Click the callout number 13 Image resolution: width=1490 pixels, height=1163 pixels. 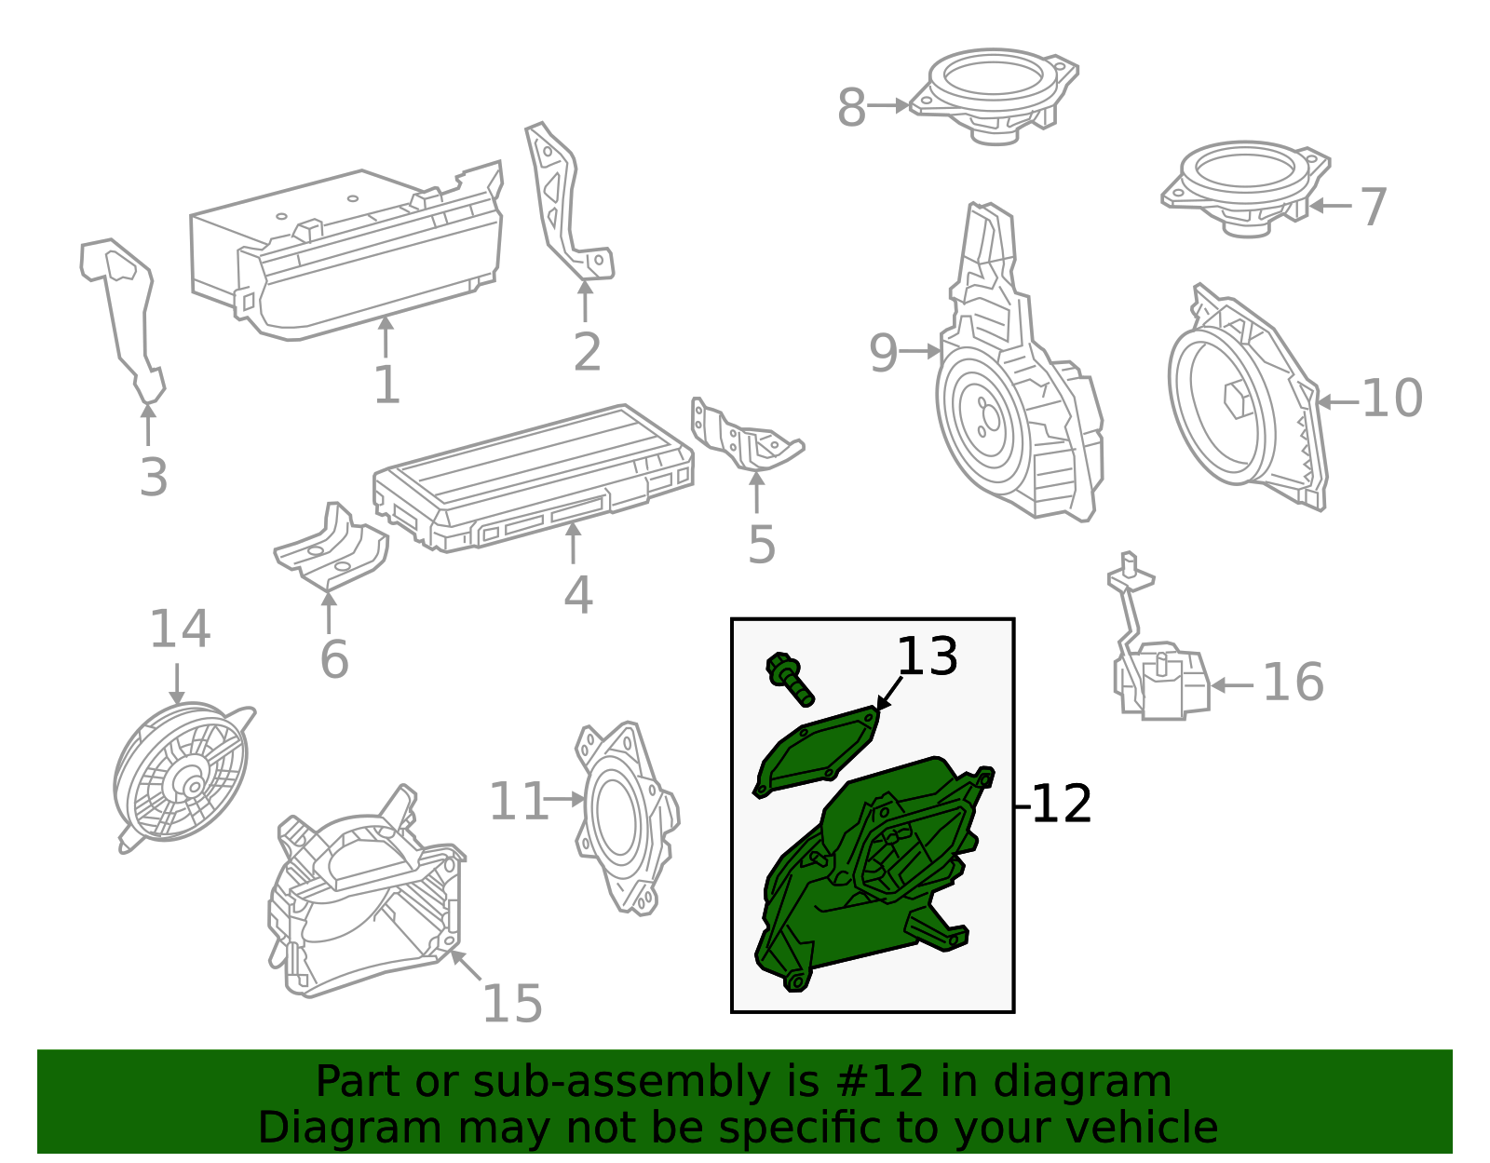927,656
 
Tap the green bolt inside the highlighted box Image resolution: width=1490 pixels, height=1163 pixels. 789,679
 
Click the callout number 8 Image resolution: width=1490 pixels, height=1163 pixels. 851,108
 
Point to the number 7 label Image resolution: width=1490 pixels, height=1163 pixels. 1374,207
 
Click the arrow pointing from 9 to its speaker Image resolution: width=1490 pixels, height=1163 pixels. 919,352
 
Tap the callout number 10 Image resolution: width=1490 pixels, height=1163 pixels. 1392,398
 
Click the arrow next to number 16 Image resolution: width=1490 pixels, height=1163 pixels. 1232,685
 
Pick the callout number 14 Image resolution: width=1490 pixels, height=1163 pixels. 180,629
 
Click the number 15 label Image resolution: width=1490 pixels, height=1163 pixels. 513,1004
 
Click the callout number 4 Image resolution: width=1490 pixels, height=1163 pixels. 578,594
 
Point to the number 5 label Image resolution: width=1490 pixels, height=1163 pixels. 762,545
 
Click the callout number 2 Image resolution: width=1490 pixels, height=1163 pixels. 588,352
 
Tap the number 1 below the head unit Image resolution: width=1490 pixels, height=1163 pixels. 387,385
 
